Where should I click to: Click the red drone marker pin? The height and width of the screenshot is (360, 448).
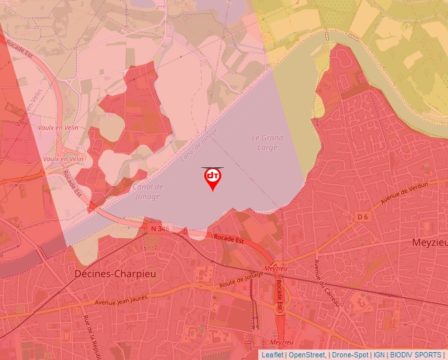(x=212, y=178)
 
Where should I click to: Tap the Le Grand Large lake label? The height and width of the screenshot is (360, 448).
(x=267, y=142)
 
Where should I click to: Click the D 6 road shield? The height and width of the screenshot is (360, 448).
(x=363, y=217)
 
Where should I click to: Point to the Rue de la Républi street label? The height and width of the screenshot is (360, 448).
(x=92, y=336)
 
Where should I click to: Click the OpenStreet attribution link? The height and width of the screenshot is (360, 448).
(x=308, y=355)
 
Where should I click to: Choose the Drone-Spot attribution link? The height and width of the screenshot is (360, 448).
(x=350, y=355)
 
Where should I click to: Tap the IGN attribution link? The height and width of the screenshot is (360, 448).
(x=379, y=355)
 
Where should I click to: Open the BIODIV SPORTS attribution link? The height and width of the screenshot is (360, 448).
(x=415, y=355)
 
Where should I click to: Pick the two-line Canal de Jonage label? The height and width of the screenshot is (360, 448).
(x=148, y=191)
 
